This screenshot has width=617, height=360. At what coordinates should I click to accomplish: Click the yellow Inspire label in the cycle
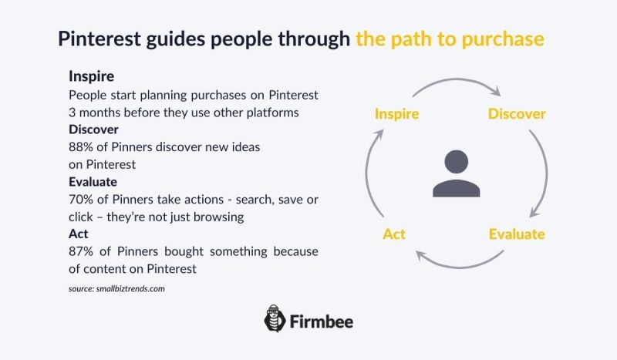pos(396,114)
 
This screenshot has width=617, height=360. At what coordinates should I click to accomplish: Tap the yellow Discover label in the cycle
pos(517,114)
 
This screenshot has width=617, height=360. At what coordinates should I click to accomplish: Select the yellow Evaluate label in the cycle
pos(517,234)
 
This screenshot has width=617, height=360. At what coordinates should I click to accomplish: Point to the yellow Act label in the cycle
pos(394,234)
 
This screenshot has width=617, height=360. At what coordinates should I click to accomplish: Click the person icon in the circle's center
pos(456,173)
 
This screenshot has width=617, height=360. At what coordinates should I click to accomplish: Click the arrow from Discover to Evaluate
pos(542,173)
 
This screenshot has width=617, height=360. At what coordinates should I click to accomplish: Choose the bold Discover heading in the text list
pos(93,129)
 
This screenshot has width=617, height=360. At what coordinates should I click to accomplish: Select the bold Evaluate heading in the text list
pos(93,182)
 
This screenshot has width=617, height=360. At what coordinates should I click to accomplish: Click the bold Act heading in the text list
pos(78,234)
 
